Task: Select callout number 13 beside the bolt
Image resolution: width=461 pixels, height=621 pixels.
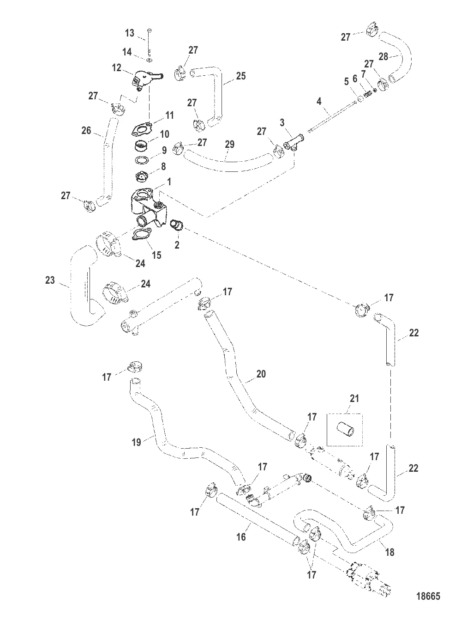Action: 130,33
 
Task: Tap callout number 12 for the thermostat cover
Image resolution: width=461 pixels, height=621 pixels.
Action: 117,68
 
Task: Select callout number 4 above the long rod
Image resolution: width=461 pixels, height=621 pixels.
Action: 319,100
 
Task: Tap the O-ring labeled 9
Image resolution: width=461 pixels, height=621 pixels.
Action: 143,160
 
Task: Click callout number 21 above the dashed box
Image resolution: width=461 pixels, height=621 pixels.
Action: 354,398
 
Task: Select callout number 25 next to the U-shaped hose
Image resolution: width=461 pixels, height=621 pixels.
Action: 240,76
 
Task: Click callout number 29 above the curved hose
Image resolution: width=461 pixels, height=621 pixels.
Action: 229,145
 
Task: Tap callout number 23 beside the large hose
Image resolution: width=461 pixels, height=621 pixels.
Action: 50,280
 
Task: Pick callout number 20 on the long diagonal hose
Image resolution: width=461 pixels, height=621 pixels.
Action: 261,374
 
